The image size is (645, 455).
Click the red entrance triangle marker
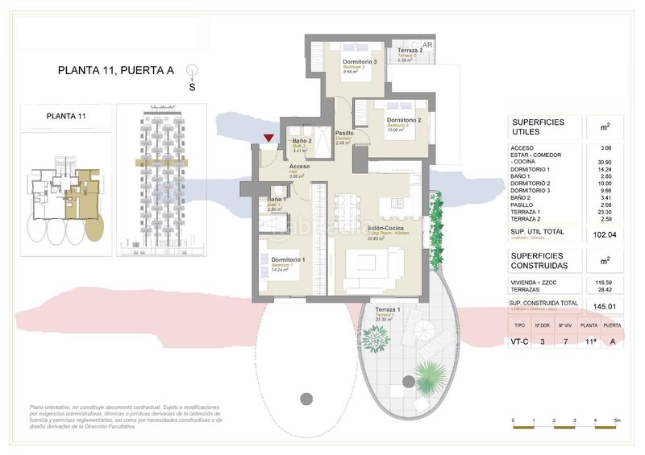(268, 139)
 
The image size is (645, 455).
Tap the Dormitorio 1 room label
(281, 260)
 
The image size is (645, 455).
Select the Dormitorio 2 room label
(404, 121)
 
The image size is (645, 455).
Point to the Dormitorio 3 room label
(360, 62)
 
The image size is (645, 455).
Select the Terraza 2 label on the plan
(410, 51)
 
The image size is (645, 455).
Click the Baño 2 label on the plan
(303, 141)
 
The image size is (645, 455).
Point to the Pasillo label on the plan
(345, 133)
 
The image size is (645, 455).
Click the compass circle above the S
(192, 70)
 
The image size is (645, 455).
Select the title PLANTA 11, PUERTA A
(116, 70)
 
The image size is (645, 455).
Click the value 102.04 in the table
(604, 235)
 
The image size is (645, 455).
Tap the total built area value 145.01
(604, 306)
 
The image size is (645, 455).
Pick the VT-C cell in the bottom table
(520, 341)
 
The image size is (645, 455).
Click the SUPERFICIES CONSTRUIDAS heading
(540, 259)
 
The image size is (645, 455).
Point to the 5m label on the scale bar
(616, 421)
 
